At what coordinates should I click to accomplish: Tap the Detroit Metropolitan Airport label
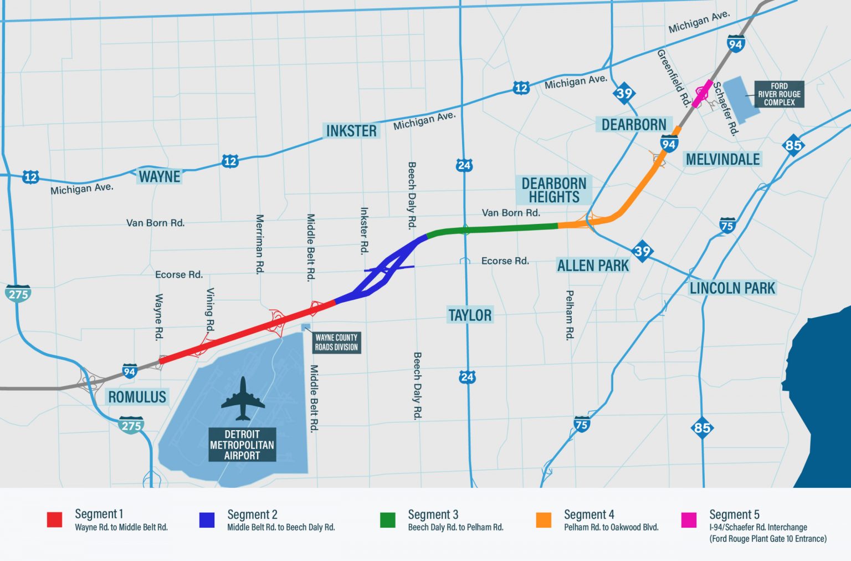pyautogui.click(x=242, y=445)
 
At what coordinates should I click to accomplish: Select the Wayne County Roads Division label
pyautogui.click(x=336, y=342)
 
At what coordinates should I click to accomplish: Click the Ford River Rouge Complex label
pyautogui.click(x=779, y=94)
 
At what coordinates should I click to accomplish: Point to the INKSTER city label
pyautogui.click(x=351, y=131)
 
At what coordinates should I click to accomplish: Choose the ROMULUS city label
pyautogui.click(x=137, y=397)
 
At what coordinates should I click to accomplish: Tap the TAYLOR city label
pyautogui.click(x=470, y=315)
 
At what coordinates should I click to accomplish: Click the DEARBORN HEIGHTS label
pyautogui.click(x=553, y=190)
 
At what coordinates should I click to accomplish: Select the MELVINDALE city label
pyautogui.click(x=722, y=160)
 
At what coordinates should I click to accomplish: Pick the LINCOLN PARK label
pyautogui.click(x=732, y=288)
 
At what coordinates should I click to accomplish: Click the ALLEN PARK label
pyautogui.click(x=593, y=266)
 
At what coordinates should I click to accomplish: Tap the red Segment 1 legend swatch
pyautogui.click(x=54, y=519)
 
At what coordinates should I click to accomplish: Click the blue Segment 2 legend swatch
pyautogui.click(x=207, y=519)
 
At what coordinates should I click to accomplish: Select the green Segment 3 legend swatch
pyautogui.click(x=387, y=519)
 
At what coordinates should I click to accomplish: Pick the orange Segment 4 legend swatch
pyautogui.click(x=544, y=519)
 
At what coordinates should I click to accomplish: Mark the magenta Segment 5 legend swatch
pyautogui.click(x=689, y=519)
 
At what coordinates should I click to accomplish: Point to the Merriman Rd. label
pyautogui.click(x=259, y=244)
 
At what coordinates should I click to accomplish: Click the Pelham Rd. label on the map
pyautogui.click(x=570, y=315)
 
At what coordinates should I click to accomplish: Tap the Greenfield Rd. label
pyautogui.click(x=673, y=78)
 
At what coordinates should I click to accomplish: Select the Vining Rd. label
pyautogui.click(x=210, y=309)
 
